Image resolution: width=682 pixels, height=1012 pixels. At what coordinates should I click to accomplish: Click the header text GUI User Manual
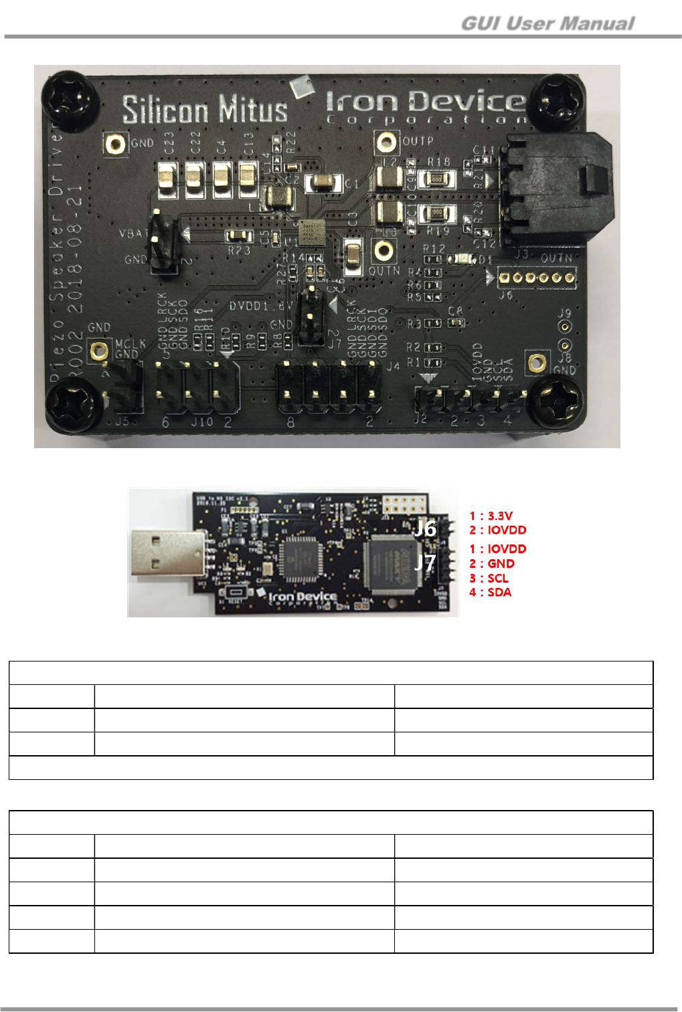[547, 24]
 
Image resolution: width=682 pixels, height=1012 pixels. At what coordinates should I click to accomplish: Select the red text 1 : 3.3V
[491, 516]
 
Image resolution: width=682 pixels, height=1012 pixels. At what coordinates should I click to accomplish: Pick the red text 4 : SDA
[490, 592]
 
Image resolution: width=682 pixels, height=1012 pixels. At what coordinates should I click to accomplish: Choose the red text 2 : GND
[492, 564]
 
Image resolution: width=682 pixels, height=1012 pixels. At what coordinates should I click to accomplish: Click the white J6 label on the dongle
[425, 528]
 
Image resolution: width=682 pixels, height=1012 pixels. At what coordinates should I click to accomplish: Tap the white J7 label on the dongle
[425, 563]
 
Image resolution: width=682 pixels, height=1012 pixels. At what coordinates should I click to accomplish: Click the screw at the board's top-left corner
[70, 99]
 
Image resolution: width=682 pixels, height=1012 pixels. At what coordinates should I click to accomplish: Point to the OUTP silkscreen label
[418, 141]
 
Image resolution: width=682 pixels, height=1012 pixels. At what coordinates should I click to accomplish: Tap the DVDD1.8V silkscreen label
[260, 306]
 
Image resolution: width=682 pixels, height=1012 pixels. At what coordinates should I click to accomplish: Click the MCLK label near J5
[130, 344]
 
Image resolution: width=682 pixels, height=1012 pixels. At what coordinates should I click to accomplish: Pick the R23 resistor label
[239, 250]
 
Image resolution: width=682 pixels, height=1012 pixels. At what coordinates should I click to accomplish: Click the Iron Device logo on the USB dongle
[303, 597]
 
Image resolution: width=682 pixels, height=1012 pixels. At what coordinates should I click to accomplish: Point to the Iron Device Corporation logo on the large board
[426, 107]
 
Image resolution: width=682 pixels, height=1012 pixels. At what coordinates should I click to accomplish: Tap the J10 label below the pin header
[201, 422]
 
